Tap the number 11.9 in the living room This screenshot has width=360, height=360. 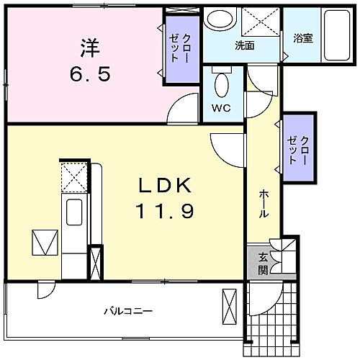[164, 212]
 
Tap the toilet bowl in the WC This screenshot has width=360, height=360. [222, 85]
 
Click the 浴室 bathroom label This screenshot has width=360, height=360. [303, 39]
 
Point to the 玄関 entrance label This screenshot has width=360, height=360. [263, 264]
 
